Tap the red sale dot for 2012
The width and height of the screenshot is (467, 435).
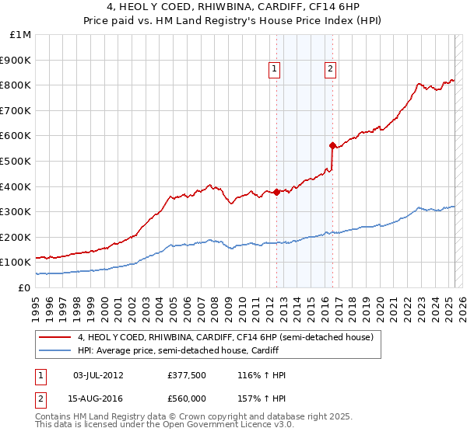(x=277, y=192)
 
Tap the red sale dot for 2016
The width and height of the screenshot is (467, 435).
(x=332, y=145)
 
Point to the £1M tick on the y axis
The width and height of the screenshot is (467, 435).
(x=21, y=34)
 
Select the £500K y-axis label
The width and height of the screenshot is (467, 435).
(x=16, y=161)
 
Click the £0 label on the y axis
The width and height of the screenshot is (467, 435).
(x=24, y=287)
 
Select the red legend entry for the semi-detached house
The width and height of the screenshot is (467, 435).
(x=226, y=337)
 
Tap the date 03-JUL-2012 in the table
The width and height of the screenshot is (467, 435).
(x=98, y=375)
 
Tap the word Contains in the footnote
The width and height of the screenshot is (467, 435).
(x=52, y=416)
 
